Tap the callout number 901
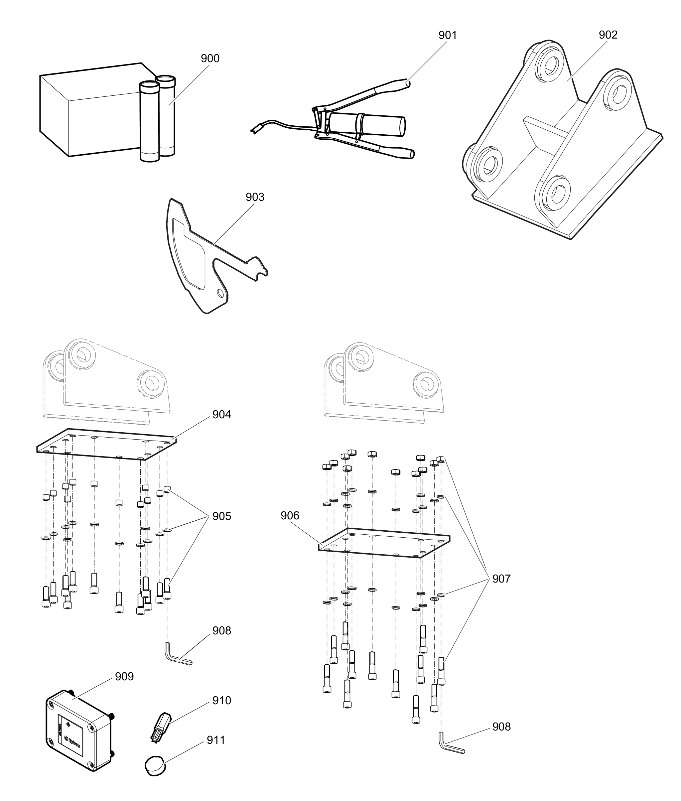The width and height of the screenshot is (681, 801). [448, 36]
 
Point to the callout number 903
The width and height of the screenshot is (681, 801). [255, 197]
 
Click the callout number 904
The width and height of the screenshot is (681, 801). [221, 415]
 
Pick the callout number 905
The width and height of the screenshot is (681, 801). [221, 516]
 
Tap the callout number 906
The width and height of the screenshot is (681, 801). [290, 516]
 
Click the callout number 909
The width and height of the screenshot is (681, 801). [124, 677]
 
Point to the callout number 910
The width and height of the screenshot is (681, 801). [221, 701]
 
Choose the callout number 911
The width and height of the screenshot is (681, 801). [216, 740]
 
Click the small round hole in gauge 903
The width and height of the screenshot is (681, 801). [220, 293]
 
